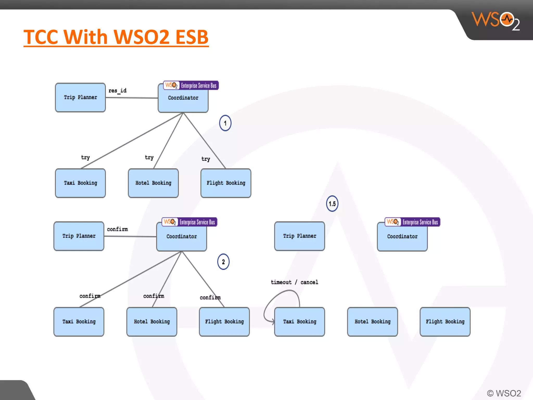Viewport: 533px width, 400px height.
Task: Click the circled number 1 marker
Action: pos(225,123)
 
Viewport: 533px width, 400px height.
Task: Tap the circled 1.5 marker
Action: pos(332,204)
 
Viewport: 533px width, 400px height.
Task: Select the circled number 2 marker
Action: pos(223,262)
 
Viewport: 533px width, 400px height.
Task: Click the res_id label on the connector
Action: pos(117,91)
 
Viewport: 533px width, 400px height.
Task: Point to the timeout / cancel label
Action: pos(294,282)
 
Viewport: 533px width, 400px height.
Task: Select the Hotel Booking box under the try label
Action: pos(153,183)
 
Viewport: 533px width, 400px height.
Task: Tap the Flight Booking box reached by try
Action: pos(226,183)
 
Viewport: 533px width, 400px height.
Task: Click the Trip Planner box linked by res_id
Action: pos(80,97)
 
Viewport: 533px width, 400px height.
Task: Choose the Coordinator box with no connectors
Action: pos(402,236)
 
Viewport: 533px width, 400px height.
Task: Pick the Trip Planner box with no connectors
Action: pos(300,236)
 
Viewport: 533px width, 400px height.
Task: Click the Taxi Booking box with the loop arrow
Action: pos(300,322)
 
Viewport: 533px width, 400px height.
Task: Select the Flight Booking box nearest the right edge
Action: pos(445,322)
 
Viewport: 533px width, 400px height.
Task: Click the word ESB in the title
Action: pos(192,37)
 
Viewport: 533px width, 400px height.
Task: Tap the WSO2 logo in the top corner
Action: pos(496,21)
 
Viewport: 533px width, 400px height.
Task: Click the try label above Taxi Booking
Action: pos(85,157)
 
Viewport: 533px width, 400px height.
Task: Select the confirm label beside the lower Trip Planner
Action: pos(117,229)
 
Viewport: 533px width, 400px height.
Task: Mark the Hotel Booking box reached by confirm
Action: pos(152,322)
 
